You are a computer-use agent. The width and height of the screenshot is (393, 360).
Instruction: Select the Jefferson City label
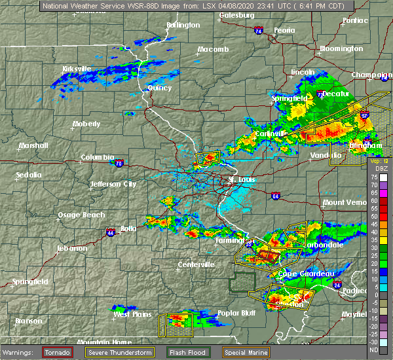point(113,185)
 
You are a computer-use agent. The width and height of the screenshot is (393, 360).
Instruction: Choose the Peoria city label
point(285,30)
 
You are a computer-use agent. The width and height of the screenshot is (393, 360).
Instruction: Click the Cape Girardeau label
point(307,274)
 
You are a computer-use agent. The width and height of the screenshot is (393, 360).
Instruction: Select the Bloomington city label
point(341,49)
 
